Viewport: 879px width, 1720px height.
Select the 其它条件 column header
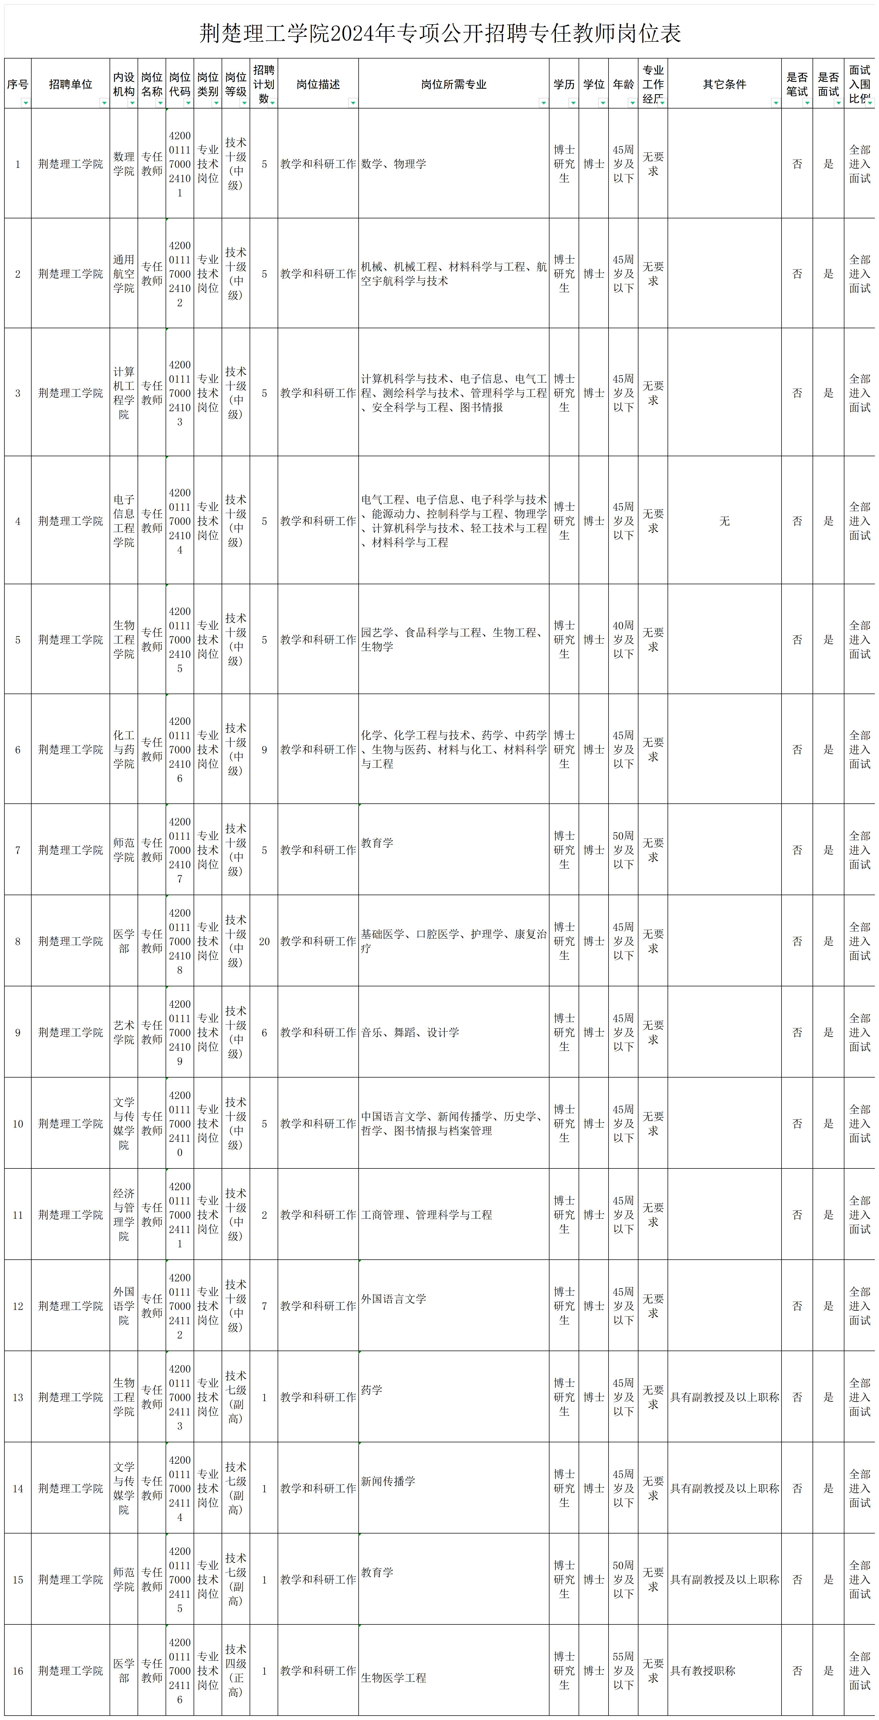[x=724, y=84]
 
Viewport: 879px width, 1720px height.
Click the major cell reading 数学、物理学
[x=394, y=164]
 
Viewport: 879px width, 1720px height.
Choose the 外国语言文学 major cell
[x=394, y=1299]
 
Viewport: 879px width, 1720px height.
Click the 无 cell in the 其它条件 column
[x=724, y=521]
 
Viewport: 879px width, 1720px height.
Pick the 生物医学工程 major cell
[x=394, y=1677]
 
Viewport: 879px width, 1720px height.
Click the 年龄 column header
[x=623, y=84]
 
